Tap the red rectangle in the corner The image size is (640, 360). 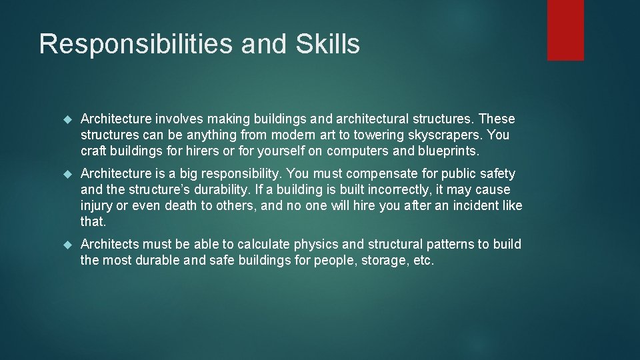coord(565,30)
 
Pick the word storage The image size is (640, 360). coord(385,261)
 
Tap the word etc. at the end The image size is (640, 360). coord(424,261)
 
